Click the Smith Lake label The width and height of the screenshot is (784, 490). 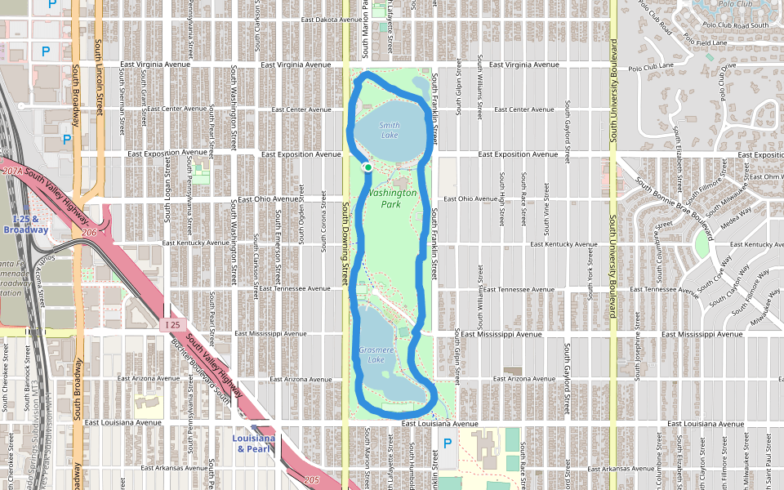pos(390,129)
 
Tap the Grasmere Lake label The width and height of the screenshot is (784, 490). pos(376,354)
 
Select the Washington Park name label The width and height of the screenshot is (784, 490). pos(392,198)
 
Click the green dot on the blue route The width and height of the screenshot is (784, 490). pos(368,167)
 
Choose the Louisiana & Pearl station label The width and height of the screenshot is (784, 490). pos(252,443)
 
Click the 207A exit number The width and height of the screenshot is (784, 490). pos(12,171)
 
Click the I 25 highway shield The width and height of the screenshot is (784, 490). pos(171,325)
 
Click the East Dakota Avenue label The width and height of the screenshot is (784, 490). pos(330,19)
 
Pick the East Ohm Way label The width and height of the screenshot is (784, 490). pos(765,176)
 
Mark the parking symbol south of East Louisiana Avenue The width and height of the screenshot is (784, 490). pos(447,443)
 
